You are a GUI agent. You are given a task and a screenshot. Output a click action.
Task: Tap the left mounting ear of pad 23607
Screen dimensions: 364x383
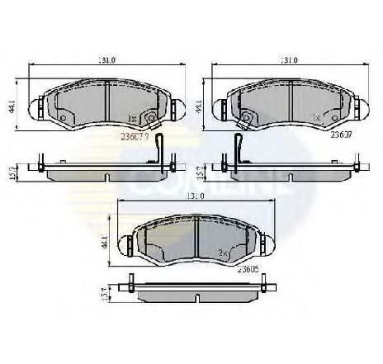pyautogui.click(x=37, y=105)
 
